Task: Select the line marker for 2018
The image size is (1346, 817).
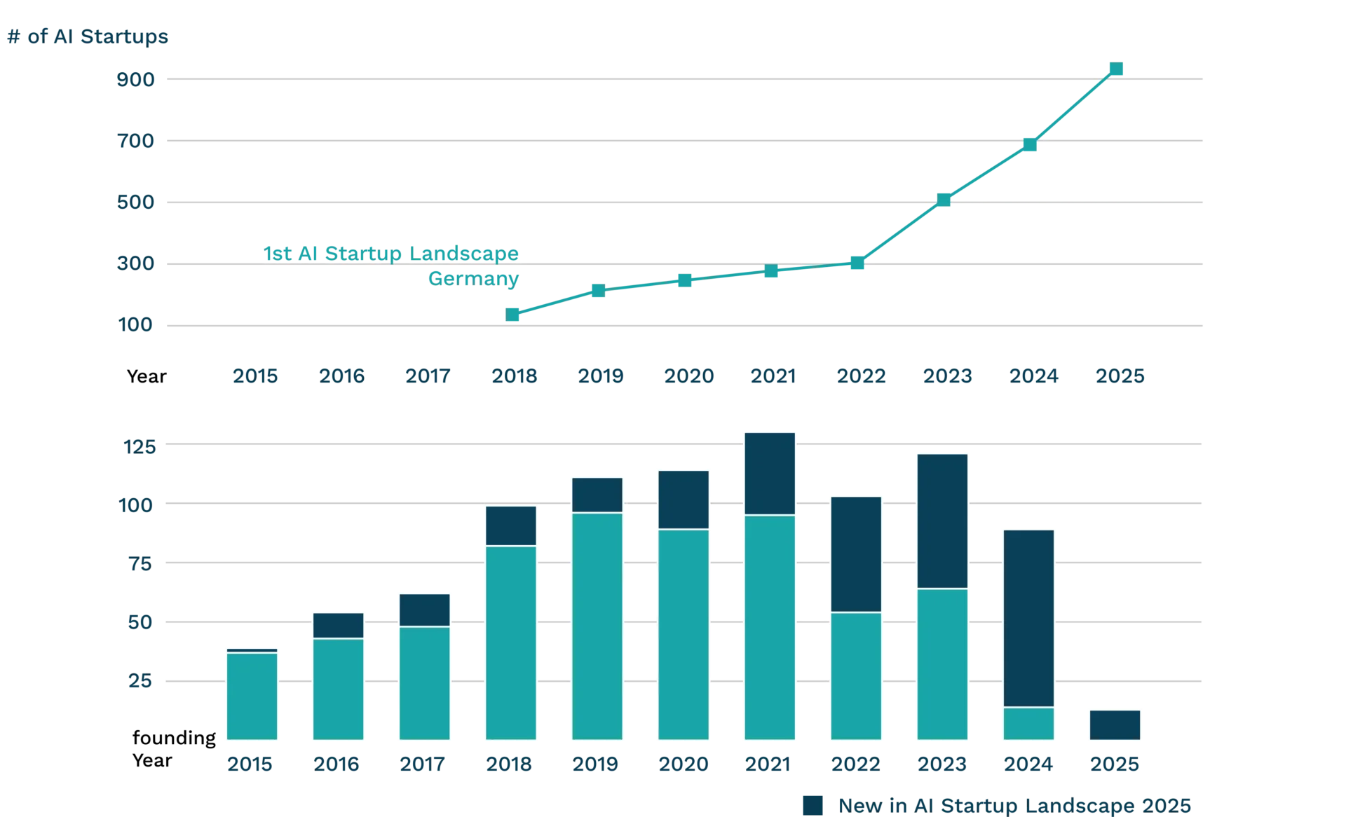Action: [512, 314]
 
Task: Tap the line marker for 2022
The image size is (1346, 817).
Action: [857, 263]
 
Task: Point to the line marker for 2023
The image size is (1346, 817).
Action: [944, 200]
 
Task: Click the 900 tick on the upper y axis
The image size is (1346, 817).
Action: [135, 79]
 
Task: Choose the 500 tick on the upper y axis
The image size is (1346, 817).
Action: [135, 202]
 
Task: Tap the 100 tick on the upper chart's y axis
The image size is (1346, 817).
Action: [135, 325]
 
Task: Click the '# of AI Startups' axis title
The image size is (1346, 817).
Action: [87, 36]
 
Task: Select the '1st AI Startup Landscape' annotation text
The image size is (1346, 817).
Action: [391, 253]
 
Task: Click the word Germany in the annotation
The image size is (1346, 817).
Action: [473, 278]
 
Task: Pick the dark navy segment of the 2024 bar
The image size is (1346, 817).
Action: [1028, 617]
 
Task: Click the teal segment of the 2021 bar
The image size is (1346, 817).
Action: [770, 627]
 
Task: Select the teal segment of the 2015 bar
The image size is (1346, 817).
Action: [252, 696]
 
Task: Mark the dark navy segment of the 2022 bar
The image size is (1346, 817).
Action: [855, 554]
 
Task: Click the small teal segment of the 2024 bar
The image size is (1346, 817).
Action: [1028, 723]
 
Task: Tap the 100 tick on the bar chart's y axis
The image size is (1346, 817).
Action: [137, 504]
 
